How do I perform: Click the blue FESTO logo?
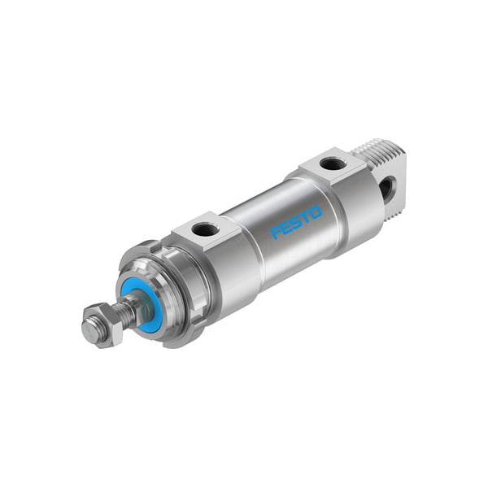click(296, 222)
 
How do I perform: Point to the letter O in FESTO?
click(316, 211)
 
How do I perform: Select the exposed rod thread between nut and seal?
click(124, 312)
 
